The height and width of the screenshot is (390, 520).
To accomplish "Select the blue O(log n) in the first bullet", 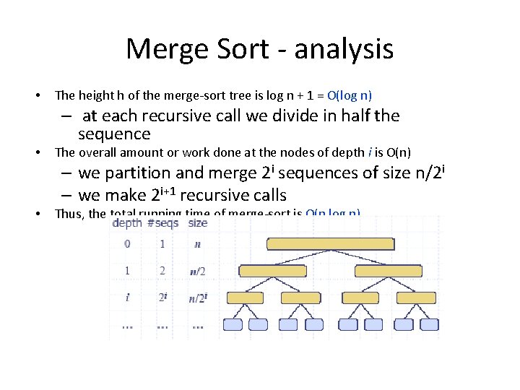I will (350, 95).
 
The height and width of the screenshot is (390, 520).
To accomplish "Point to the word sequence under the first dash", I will (114, 134).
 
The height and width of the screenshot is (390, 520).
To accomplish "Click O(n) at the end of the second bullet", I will (401, 152).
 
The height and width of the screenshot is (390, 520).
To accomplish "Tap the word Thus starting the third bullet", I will (69, 214).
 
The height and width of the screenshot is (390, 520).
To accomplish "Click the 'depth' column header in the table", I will (127, 223).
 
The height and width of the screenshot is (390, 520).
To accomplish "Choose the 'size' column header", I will (197, 223).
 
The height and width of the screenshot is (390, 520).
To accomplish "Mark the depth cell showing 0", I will (127, 244).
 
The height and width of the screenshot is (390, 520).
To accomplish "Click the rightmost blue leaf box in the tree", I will (430, 324).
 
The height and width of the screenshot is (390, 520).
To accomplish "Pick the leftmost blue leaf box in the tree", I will (233, 324).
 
